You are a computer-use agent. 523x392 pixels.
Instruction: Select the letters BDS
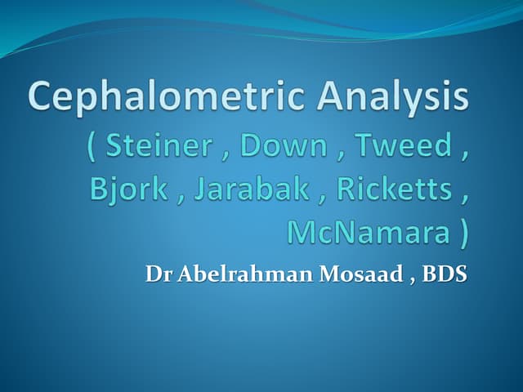click(445, 274)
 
